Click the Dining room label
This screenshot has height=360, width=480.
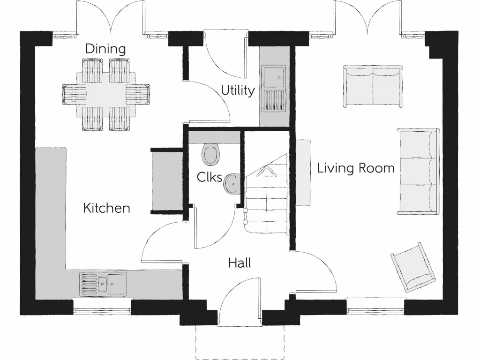pos(105,49)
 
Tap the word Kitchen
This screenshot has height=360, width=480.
pos(106,208)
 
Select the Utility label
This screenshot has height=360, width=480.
pos(238,90)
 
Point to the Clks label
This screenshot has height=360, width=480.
pos(210,177)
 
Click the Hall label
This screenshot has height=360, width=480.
pos(240,263)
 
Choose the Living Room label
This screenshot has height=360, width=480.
pos(356,168)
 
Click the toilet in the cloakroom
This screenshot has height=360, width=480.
pos(211,154)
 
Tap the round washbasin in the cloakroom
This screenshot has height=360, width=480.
pos(232,183)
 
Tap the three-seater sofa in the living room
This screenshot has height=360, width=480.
pos(418,172)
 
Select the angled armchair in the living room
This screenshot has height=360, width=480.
pos(413,268)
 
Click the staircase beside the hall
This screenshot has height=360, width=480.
pos(266,202)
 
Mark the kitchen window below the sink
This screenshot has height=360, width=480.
pos(102,311)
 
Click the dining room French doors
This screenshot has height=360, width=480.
pos(111,19)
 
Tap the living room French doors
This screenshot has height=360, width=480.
pos(368,19)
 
